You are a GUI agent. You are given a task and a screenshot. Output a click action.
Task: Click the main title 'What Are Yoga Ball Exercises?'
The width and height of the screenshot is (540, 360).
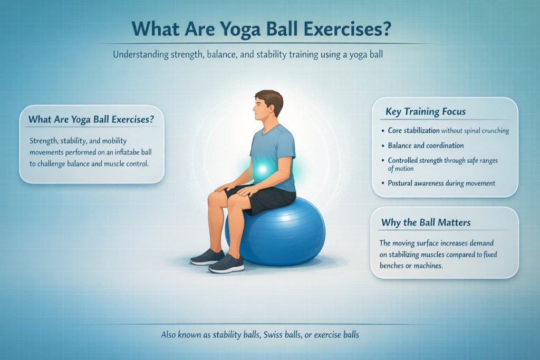click(x=269, y=28)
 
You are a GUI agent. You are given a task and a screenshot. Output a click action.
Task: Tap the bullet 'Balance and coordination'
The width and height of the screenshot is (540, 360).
click(x=426, y=145)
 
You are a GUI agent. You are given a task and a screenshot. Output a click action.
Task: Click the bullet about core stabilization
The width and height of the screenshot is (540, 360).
click(x=448, y=130)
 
